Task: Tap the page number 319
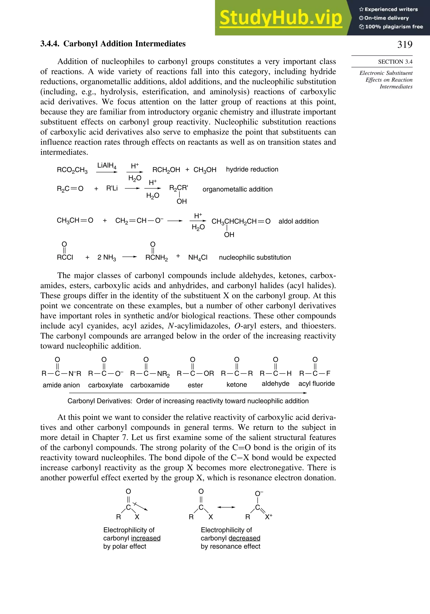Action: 405,44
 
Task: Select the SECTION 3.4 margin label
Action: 395,62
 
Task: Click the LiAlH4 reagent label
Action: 107,166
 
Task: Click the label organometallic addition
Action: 237,189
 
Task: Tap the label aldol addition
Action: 298,221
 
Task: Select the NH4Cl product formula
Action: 198,257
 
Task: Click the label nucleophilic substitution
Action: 255,257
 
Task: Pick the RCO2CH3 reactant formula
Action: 72,170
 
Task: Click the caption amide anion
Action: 61,385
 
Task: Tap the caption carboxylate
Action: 105,385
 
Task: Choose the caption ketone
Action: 237,385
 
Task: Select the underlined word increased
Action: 146,538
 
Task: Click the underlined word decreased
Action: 244,538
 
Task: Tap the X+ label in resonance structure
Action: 268,517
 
